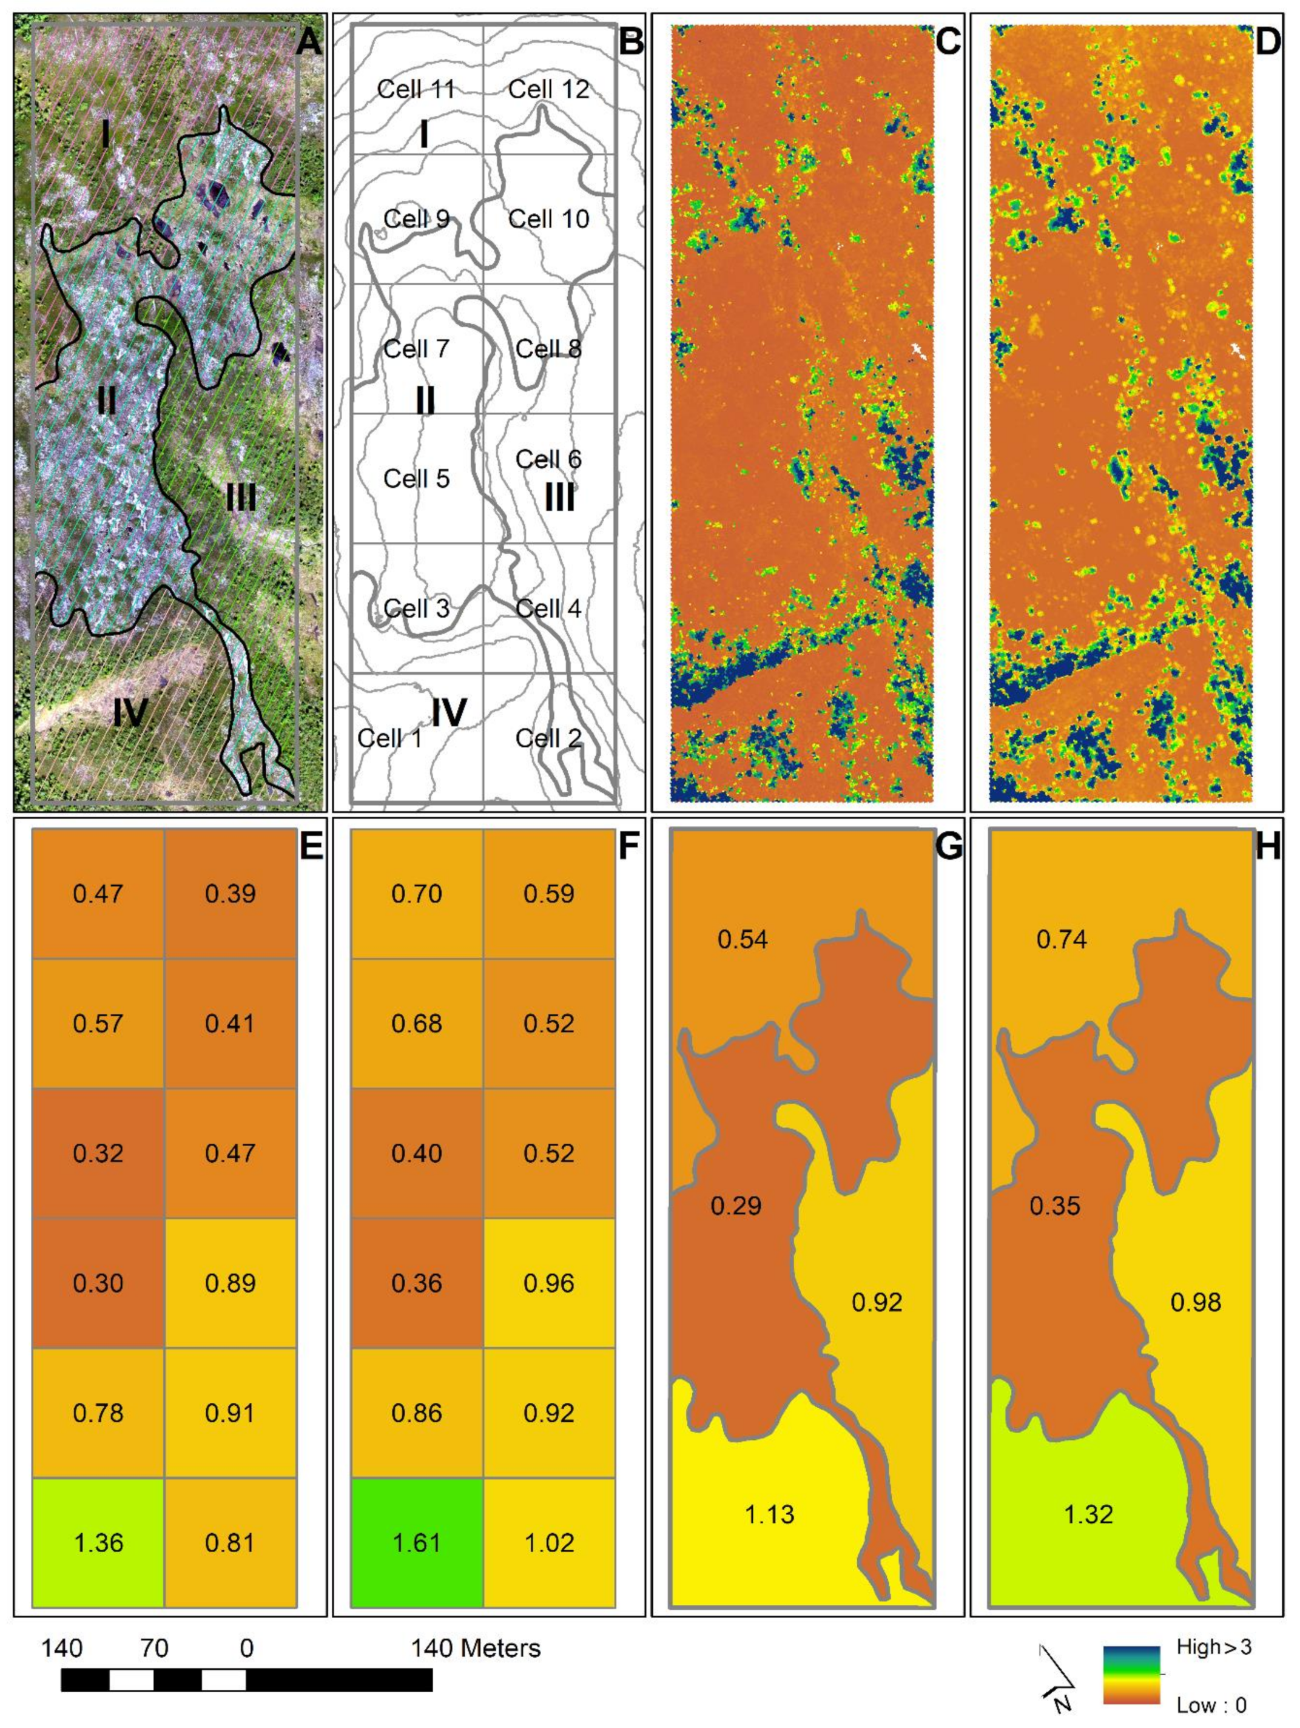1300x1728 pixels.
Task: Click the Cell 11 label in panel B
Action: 416,89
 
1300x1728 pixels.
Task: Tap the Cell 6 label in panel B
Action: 548,459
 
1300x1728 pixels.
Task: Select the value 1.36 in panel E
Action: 98,1542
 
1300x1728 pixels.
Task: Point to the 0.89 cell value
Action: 230,1283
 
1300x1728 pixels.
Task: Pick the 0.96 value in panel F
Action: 548,1283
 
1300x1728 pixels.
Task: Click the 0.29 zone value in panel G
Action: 736,1206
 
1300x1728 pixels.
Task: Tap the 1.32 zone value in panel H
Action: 1088,1514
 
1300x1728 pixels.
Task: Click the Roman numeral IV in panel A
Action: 130,712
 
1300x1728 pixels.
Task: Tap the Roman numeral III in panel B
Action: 559,497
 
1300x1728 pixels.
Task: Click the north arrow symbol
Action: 1056,1681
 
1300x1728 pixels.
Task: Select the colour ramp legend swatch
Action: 1131,1674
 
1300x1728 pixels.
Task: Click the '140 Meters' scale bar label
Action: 476,1649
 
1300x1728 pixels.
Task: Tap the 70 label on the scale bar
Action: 154,1649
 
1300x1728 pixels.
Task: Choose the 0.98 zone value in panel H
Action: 1195,1302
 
